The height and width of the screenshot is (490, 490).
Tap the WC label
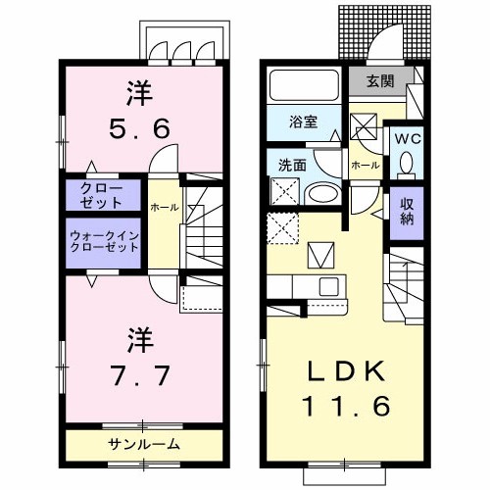point(406,137)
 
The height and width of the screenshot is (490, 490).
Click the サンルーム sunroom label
point(143,444)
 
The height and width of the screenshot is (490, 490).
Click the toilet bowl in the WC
point(406,165)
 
